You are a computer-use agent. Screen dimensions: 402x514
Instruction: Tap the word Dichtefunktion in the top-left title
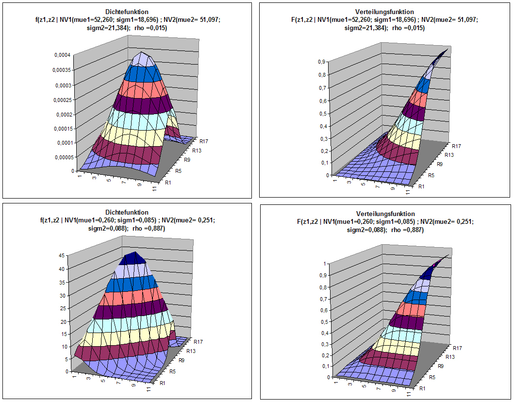(x=127, y=11)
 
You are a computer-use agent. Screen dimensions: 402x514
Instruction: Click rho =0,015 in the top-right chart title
(x=408, y=28)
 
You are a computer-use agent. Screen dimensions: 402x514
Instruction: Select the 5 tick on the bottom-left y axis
(x=65, y=359)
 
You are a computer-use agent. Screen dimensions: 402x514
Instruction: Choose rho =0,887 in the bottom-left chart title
(x=149, y=228)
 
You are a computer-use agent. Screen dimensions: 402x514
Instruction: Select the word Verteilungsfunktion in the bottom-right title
(x=385, y=214)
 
